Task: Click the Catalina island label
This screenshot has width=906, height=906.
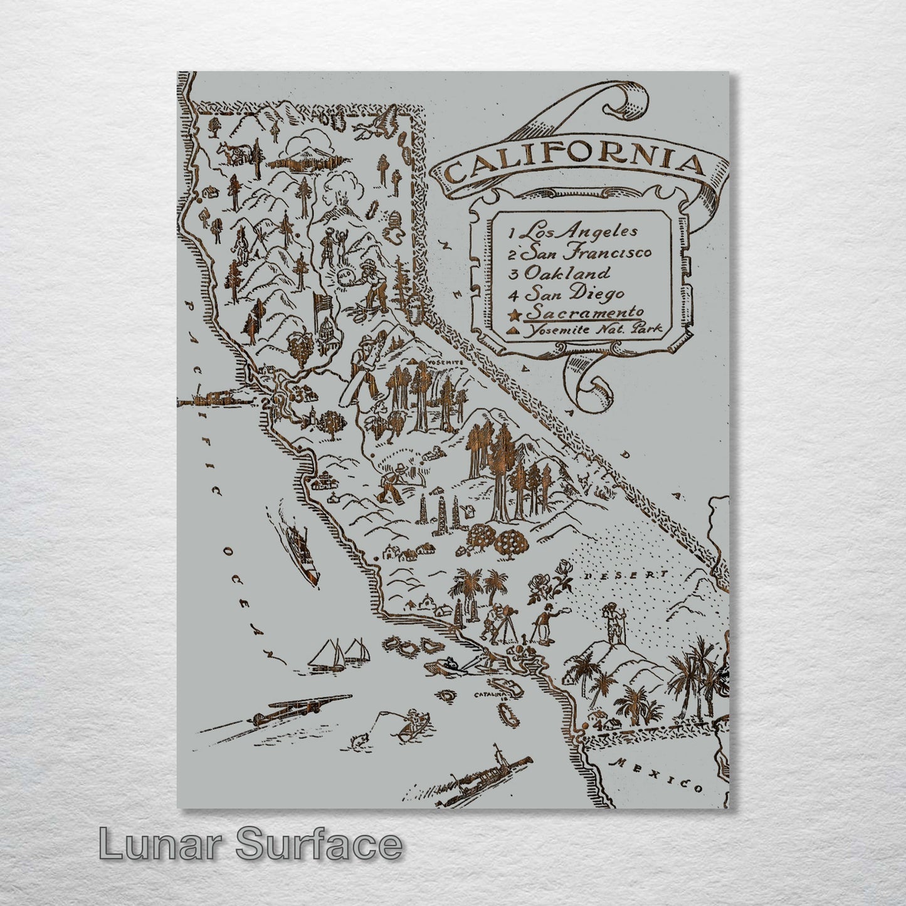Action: tap(488, 695)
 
